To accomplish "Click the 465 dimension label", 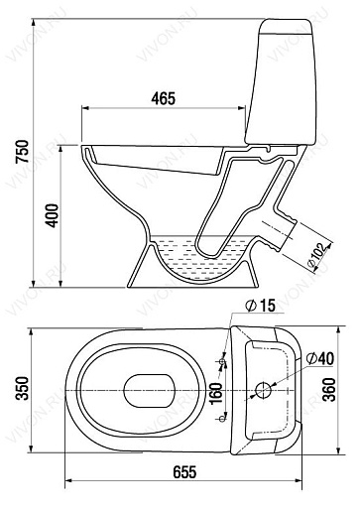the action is pyautogui.click(x=163, y=98).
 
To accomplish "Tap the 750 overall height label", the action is pyautogui.click(x=23, y=151).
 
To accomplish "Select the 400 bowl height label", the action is pyautogui.click(x=52, y=215).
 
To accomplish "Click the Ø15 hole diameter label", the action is pyautogui.click(x=261, y=306).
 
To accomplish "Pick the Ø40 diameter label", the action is pyautogui.click(x=320, y=358).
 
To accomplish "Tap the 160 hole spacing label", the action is pyautogui.click(x=216, y=393).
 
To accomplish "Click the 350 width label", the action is pyautogui.click(x=23, y=388).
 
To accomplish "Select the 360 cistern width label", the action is pyautogui.click(x=329, y=390).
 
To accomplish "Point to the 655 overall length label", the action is pyautogui.click(x=184, y=472).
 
